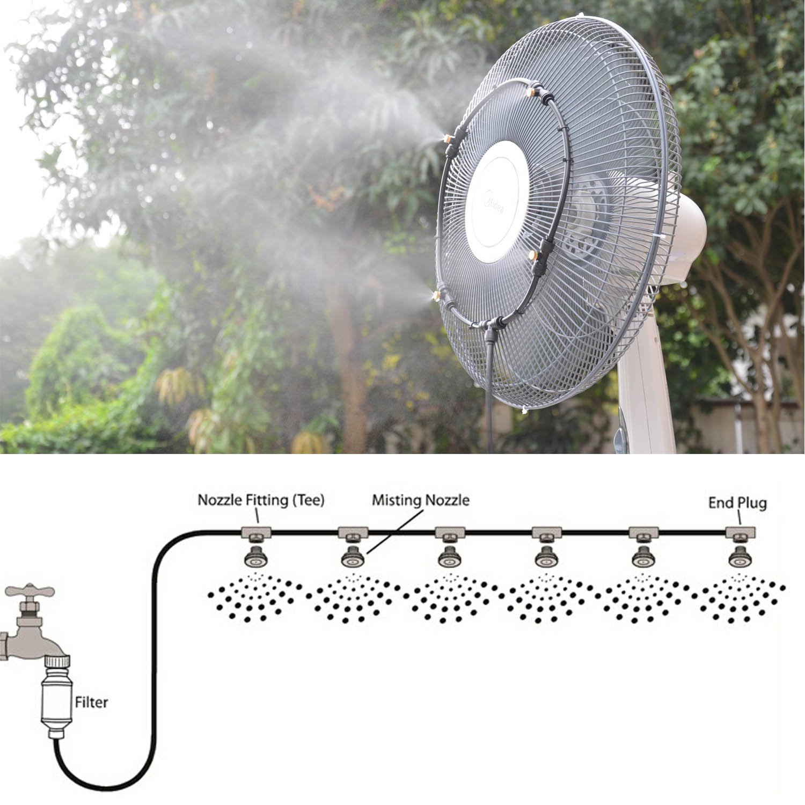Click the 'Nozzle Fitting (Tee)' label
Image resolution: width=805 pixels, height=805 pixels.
click(x=261, y=500)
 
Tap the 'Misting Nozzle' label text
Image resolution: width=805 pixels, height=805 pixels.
click(x=421, y=500)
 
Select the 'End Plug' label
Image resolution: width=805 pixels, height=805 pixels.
click(x=737, y=503)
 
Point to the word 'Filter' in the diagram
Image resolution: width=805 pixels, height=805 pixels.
click(x=91, y=702)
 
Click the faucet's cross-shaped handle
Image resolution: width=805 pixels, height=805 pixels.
click(x=30, y=591)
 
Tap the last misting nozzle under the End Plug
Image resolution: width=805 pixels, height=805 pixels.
click(x=740, y=558)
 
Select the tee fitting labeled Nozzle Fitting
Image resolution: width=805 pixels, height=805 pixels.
click(x=256, y=533)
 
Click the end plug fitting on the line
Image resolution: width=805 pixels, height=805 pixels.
click(x=741, y=533)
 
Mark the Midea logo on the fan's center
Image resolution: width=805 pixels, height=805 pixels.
click(x=494, y=204)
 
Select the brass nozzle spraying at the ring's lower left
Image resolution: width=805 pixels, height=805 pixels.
click(x=440, y=296)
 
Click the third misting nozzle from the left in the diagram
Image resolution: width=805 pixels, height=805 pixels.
click(x=450, y=558)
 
